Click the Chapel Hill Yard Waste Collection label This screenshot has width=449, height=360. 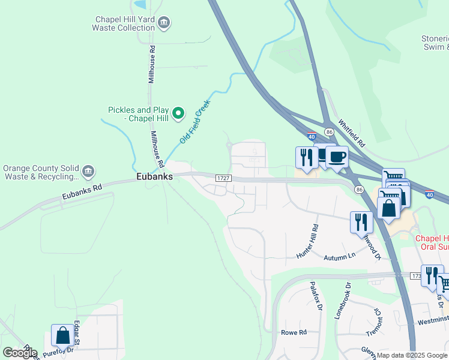(x=123, y=23)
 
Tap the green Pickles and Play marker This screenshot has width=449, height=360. (x=178, y=113)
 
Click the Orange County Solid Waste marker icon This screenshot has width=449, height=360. (x=88, y=172)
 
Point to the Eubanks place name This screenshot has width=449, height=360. (x=154, y=177)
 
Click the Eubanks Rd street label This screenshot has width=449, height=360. (x=82, y=191)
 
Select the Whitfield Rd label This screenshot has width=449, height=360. (x=351, y=133)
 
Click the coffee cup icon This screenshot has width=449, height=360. (x=337, y=157)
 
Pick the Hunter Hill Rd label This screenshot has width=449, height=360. (x=309, y=242)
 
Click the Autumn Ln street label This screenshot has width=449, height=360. (x=340, y=257)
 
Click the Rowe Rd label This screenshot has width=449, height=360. (x=294, y=332)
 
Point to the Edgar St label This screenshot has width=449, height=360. (x=77, y=334)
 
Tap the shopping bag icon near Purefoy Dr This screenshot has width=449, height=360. (x=62, y=336)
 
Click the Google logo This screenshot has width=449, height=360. (x=20, y=353)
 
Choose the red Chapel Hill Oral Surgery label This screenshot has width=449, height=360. (x=432, y=242)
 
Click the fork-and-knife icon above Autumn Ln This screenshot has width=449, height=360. (x=361, y=222)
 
